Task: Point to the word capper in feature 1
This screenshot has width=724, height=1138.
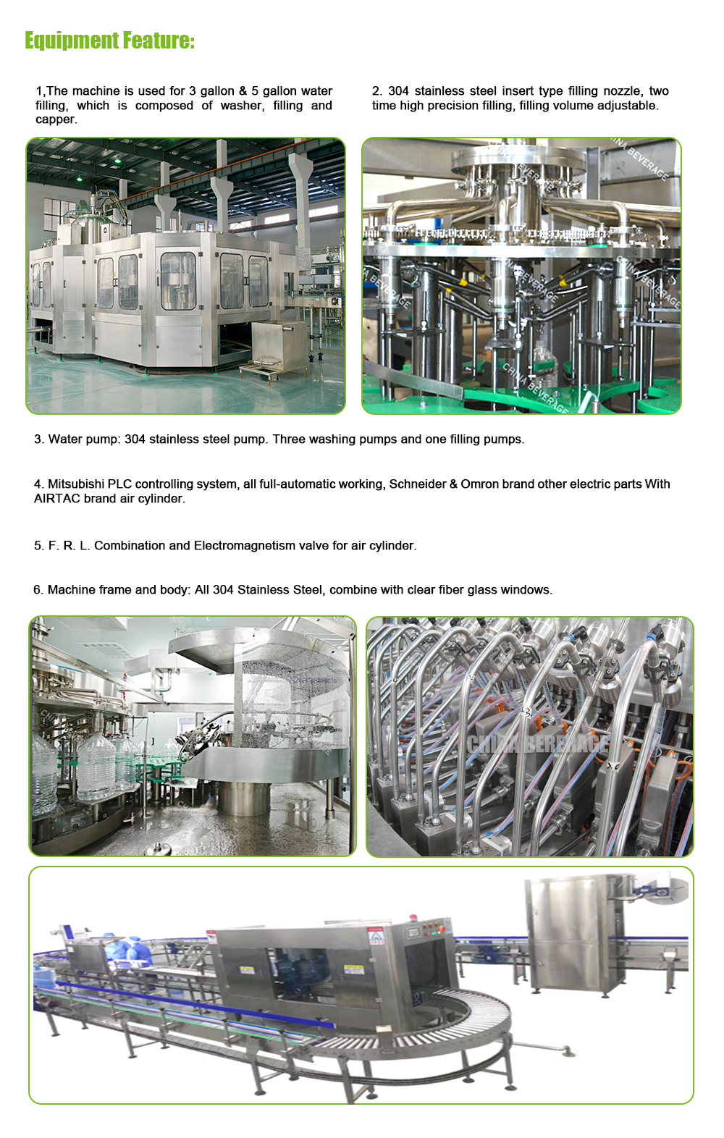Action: point(55,120)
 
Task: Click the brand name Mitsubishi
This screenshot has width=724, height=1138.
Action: point(76,484)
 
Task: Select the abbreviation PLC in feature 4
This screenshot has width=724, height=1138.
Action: point(119,484)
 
